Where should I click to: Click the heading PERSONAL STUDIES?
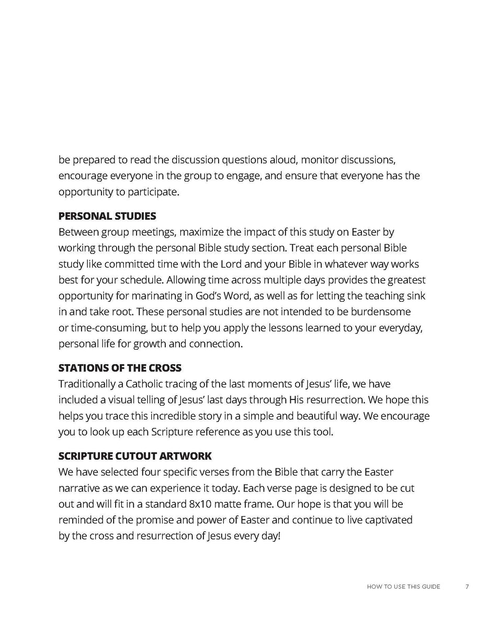point(107,216)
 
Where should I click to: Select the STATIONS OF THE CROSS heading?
point(120,368)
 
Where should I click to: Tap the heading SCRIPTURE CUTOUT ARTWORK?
point(135,456)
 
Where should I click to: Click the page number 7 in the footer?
point(467,587)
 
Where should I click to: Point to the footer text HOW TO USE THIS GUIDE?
point(403,587)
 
